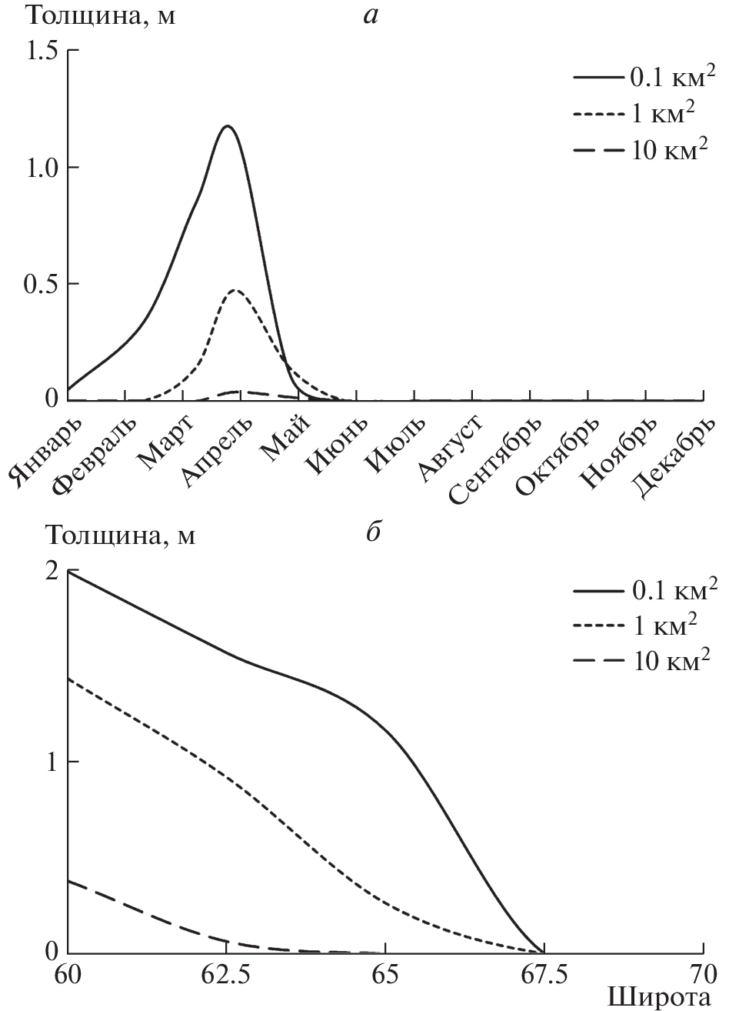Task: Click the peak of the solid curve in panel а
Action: tap(227, 125)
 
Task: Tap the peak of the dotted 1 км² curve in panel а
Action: tap(235, 290)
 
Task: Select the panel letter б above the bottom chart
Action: tap(372, 532)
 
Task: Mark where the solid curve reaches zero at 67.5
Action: tap(543, 952)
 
